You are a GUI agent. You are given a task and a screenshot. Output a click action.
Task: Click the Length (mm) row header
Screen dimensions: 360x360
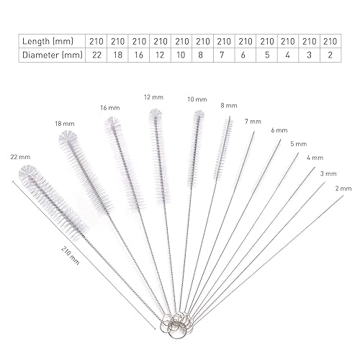pos(48,41)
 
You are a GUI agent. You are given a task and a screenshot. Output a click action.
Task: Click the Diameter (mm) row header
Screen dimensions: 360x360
pos(53,55)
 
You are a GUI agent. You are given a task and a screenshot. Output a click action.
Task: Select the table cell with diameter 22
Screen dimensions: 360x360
pos(96,55)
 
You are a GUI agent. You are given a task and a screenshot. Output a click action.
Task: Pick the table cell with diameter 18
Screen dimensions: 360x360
pos(117,55)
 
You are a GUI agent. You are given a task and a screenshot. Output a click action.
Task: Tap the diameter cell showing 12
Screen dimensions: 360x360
pos(160,55)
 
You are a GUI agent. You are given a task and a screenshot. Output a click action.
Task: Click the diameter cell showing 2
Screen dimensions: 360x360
pos(330,55)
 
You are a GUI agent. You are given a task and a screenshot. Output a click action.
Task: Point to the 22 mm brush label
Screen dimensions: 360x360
pos(20,157)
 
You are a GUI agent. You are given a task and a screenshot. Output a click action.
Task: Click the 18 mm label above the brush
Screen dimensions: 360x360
pos(65,124)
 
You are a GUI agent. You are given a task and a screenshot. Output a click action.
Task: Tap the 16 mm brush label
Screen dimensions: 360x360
pos(110,108)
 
